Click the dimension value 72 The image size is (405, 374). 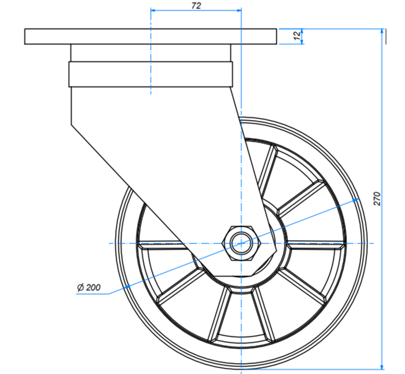[x=196, y=5]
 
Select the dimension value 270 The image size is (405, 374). [x=377, y=199]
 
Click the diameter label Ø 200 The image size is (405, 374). [x=89, y=288]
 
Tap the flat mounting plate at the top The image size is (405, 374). [x=151, y=36]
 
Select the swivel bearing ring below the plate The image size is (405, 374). [x=151, y=74]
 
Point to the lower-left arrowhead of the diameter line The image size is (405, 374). [x=129, y=286]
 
